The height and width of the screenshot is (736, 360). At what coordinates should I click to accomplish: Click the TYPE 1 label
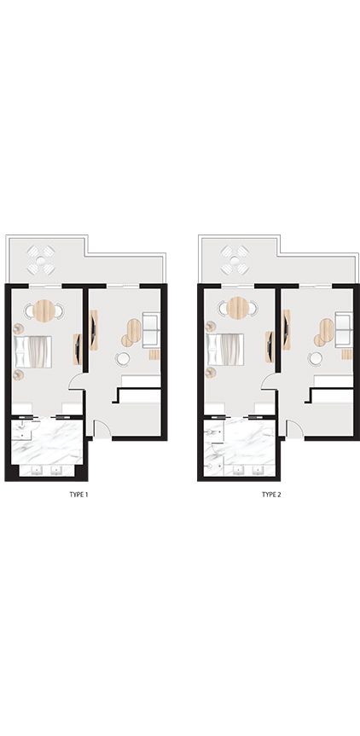pos(78,495)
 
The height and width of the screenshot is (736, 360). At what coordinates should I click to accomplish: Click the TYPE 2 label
pos(271,495)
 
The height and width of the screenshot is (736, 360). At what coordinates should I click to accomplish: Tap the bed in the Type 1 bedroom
pos(33,351)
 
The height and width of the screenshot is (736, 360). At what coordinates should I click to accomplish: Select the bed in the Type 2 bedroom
pos(225,350)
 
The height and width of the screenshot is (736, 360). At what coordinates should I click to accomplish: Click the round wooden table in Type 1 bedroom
pos(44,310)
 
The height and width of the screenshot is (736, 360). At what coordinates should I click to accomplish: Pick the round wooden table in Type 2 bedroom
pos(238,308)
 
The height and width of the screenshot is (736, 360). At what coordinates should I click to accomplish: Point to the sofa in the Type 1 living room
pos(151,329)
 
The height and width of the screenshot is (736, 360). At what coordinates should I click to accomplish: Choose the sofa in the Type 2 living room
pos(344,329)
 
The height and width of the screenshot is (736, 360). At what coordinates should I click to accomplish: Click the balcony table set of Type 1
pos(41,260)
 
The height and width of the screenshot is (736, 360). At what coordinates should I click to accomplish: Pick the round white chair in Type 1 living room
pos(123,358)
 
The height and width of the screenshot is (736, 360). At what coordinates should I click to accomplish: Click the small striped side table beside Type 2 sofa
pos(347,355)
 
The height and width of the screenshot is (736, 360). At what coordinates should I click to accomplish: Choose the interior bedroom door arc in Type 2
pos(269,381)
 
